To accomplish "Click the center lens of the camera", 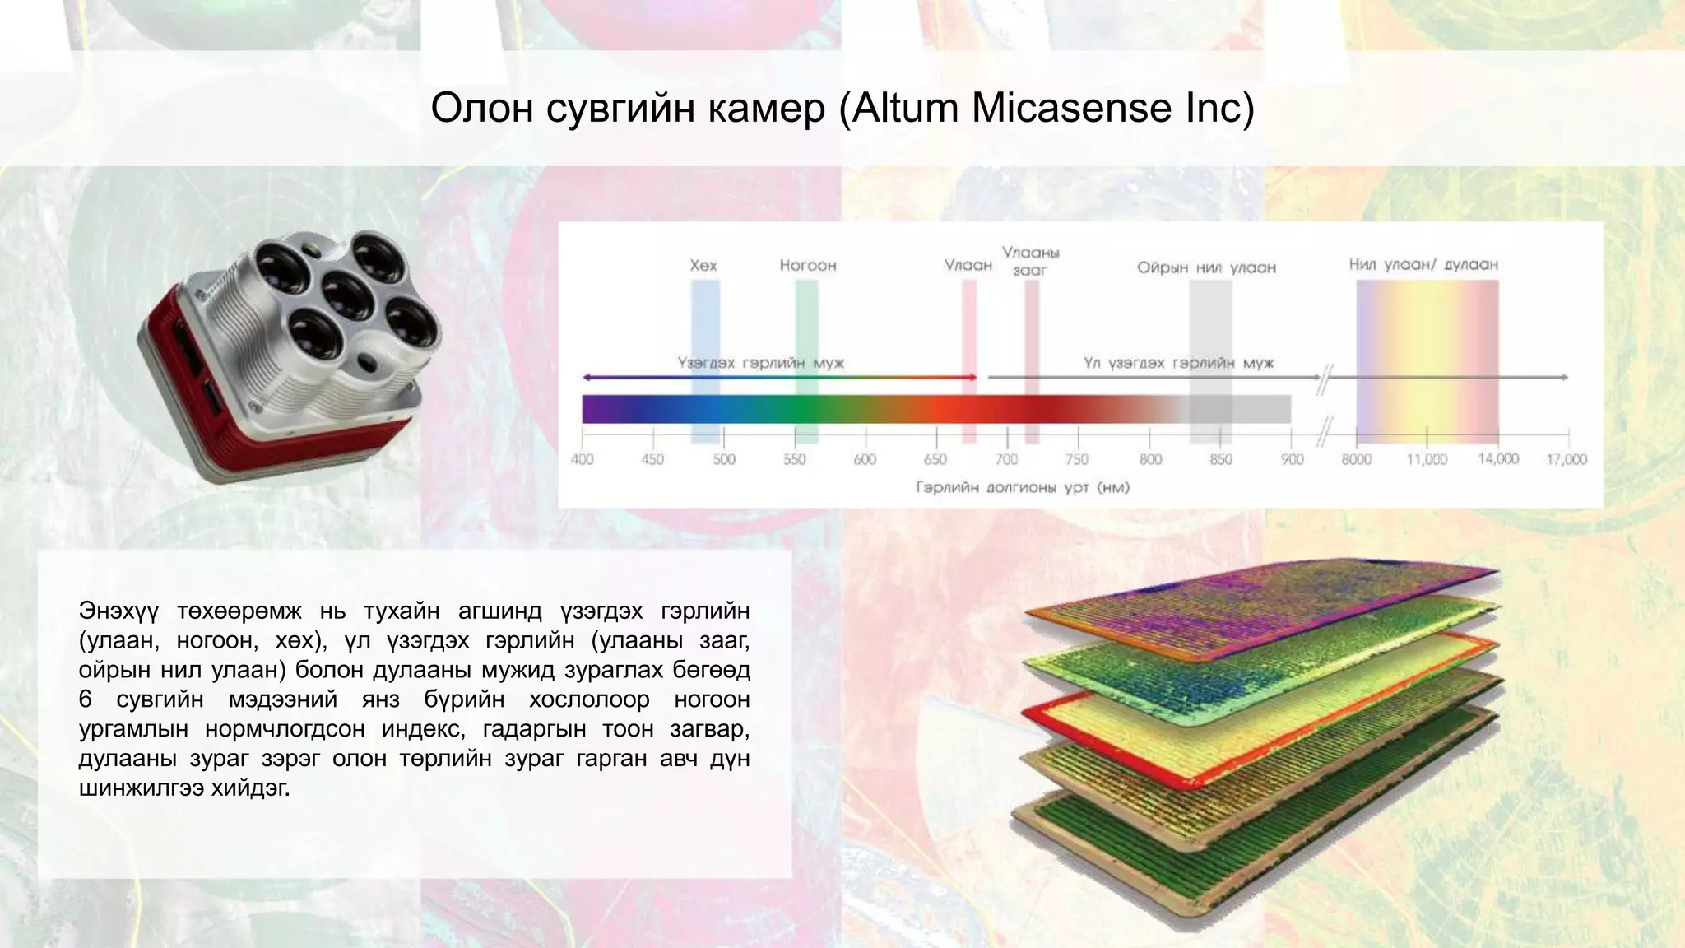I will pos(348,295).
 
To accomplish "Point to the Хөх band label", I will pos(703,266).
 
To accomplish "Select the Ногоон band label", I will pos(808,266).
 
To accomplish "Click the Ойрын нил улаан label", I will pos(1206,268).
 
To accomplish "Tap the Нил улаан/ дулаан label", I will pos(1423,265).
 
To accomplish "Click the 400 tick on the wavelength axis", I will pos(583,459).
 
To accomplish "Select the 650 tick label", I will pos(935,459).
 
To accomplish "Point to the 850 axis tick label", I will pos(1221,459).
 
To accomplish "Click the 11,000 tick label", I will pos(1427,459).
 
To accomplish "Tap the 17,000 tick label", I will pos(1567,459).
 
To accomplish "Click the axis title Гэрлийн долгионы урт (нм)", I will pos(1023,488).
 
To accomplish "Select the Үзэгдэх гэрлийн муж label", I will pos(761,363).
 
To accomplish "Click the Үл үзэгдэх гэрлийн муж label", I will pos(1178,363).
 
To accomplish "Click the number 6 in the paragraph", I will pos(86,699).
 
